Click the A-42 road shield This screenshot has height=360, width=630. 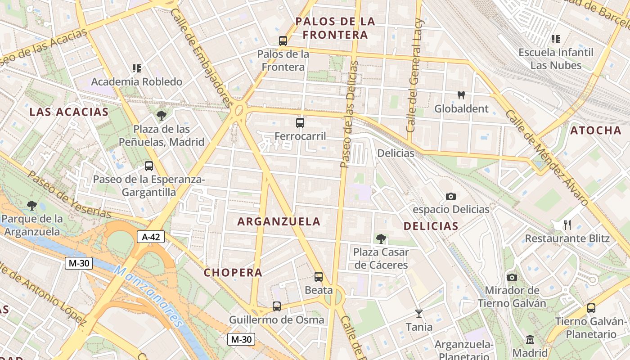click(x=151, y=237)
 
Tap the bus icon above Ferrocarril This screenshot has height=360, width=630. click(x=300, y=122)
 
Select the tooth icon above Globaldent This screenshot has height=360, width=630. click(x=461, y=95)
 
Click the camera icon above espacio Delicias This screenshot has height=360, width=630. click(x=450, y=196)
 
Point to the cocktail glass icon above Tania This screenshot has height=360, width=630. click(x=419, y=313)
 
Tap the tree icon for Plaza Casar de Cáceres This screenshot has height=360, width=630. click(x=381, y=238)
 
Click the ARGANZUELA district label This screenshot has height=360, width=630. click(x=279, y=221)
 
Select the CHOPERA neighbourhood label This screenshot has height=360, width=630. click(x=233, y=272)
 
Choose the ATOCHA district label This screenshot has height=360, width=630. click(x=596, y=130)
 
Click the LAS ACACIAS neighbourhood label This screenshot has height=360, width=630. click(x=69, y=112)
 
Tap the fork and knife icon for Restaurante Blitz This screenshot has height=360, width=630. click(x=567, y=225)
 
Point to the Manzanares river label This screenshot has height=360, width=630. click(x=148, y=297)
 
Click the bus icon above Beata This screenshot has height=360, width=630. click(x=319, y=276)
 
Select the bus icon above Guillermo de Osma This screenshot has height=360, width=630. click(x=277, y=306)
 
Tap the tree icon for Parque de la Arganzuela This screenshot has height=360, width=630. click(x=32, y=206)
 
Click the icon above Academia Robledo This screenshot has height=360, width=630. click(x=136, y=68)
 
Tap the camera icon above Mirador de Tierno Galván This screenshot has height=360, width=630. click(x=512, y=277)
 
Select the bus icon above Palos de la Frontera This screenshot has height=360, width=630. click(x=283, y=40)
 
